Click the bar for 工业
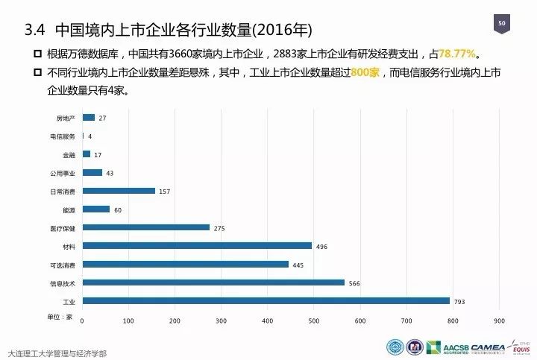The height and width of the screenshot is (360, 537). coord(266,300)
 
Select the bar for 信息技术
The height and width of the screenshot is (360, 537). coord(213,282)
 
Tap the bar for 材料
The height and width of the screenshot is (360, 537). coord(197,245)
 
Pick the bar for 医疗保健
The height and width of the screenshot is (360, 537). coord(145,227)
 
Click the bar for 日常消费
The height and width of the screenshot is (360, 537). coord(119,191)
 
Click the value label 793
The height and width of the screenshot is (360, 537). coord(459,301)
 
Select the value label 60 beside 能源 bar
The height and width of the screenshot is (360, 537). coord(118,209)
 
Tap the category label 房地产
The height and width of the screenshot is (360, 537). coord(66,119)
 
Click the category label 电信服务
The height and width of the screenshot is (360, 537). coord(63,136)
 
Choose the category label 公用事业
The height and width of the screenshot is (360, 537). coord(63,173)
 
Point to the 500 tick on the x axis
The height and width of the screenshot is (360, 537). coord(313,321)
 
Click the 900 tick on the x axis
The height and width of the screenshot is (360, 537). coord(498,321)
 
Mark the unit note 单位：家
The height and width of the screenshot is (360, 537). coord(59,317)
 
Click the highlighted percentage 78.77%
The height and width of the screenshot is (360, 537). coord(456,54)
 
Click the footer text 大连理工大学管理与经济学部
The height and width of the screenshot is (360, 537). coord(56,352)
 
